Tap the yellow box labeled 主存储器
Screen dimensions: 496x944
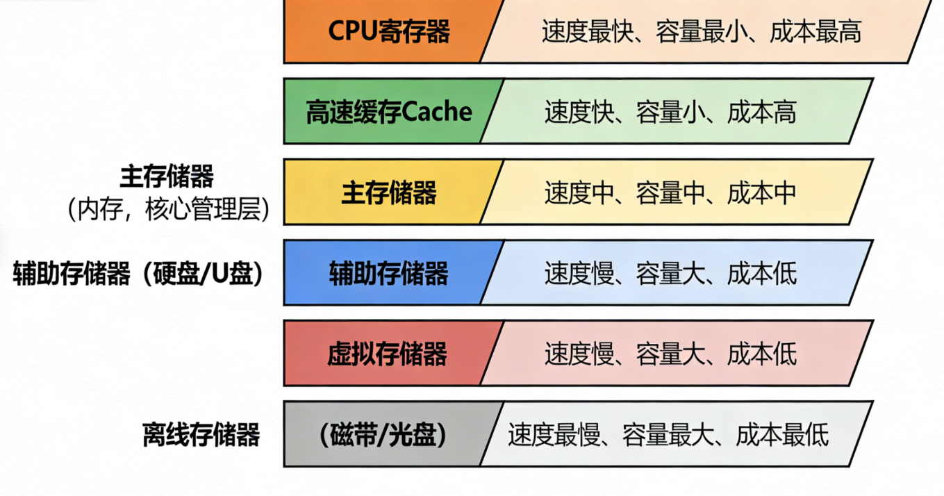389,192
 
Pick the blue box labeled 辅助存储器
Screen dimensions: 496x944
389,273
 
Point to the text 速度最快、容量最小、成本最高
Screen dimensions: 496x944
702,32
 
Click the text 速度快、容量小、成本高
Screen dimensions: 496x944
670,113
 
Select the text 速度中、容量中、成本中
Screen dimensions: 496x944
670,193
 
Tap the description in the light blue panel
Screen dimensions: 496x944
670,274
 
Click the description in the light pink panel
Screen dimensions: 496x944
670,354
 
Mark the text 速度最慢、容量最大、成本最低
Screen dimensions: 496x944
668,435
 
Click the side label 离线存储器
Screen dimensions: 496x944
201,435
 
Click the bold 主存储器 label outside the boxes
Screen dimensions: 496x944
167,177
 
